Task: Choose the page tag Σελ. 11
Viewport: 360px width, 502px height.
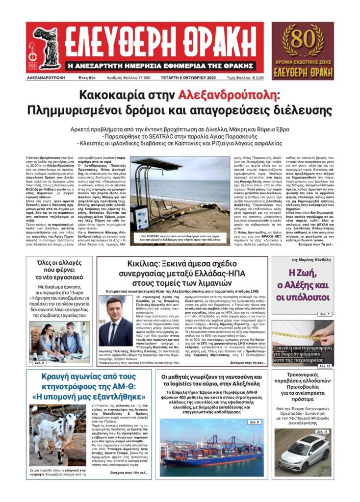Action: coord(322,431)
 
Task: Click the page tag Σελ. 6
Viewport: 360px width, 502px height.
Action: coord(254,422)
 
